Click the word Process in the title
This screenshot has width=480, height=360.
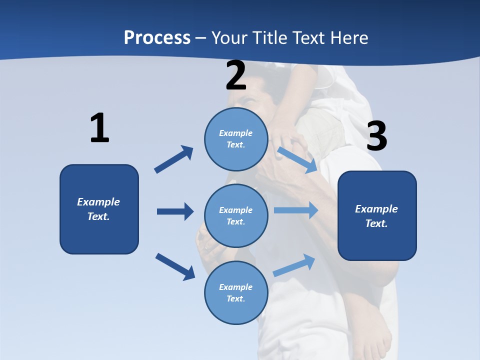[157, 38]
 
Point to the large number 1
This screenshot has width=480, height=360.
[99, 128]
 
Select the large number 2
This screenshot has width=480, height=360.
[236, 75]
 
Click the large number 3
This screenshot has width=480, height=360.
[376, 136]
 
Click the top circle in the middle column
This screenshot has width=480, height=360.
[236, 139]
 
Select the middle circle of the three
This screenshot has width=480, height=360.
[236, 216]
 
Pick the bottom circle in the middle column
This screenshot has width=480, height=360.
[236, 293]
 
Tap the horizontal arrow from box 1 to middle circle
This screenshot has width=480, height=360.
[175, 211]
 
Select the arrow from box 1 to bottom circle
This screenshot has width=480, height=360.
[175, 266]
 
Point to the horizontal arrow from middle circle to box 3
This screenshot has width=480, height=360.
[296, 210]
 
